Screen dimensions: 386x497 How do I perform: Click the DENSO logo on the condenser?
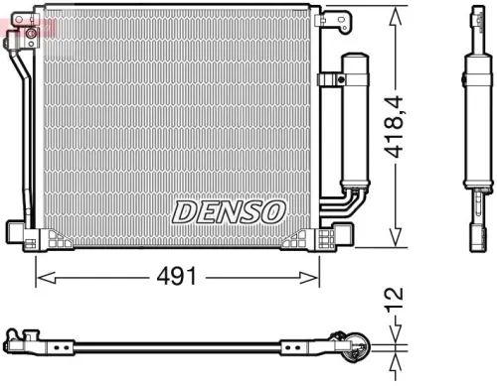pyautogui.click(x=229, y=211)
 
